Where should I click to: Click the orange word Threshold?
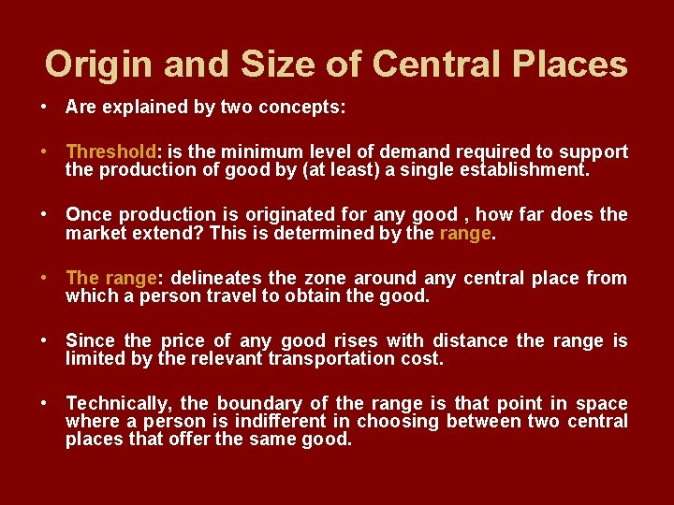tap(110, 151)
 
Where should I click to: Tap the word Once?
tap(88, 214)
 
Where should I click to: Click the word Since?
tap(91, 340)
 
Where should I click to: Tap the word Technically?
tap(119, 403)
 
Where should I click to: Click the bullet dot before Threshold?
tap(45, 151)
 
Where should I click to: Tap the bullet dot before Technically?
tap(45, 403)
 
